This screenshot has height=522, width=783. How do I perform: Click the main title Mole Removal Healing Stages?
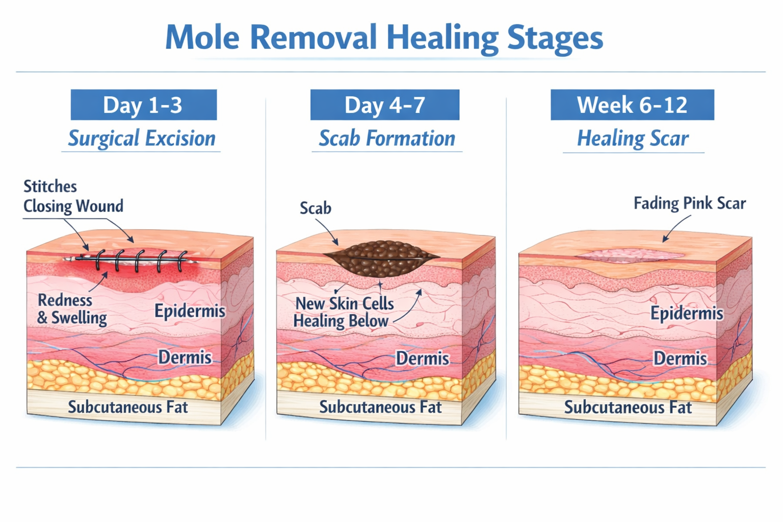coord(384,37)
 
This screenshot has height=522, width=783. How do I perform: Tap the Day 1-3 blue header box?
coord(143,105)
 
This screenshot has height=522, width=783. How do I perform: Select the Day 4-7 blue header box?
coord(384,105)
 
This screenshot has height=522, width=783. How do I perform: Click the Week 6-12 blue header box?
coord(632,105)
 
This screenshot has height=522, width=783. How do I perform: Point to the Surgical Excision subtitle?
coord(142,139)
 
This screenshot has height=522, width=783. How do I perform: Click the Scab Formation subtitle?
coord(386,139)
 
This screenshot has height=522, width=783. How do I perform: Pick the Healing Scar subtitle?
coord(632,139)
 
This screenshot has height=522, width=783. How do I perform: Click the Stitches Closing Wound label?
coord(73,196)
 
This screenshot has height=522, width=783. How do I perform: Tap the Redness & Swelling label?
coord(72,309)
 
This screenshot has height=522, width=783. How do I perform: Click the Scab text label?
coord(315,208)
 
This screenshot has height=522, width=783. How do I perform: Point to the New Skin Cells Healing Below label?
coord(344,312)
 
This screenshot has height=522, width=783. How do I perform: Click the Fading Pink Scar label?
coord(689,203)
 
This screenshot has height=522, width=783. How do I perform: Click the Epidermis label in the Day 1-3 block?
coord(190,311)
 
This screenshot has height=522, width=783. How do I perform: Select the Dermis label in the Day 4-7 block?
coord(422,358)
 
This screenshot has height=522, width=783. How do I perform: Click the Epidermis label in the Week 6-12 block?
coord(686,313)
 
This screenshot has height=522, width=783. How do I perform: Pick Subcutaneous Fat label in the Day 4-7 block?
coord(380,407)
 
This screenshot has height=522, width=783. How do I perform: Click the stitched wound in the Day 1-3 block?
coord(135,260)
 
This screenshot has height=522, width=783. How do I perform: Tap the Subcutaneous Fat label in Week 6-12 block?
coord(628,407)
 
